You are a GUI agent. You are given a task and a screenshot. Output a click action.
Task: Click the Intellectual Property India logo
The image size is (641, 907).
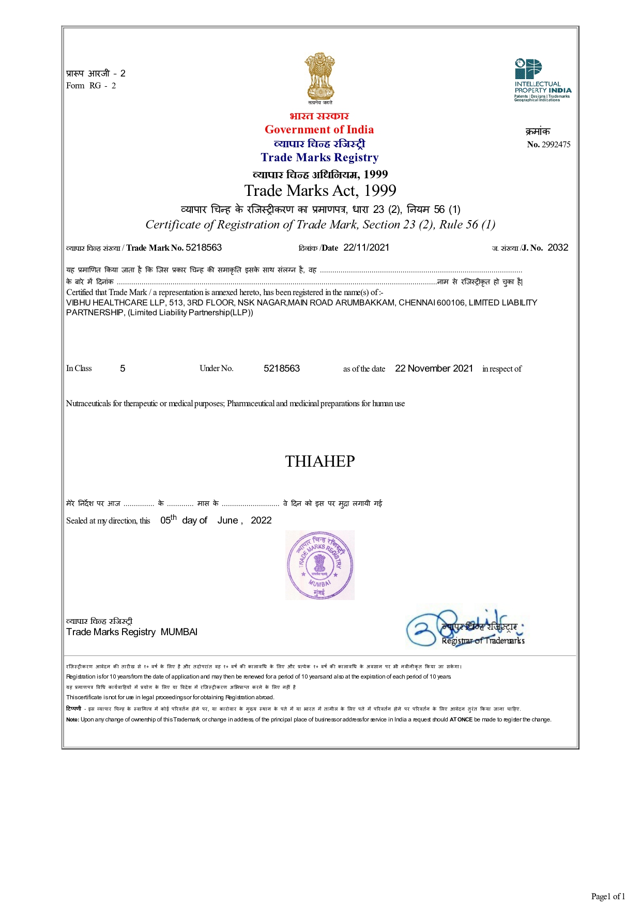tap(542, 80)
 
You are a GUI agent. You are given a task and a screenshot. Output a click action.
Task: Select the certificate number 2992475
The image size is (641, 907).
tap(556, 145)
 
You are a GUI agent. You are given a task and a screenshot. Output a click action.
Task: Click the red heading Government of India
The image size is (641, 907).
tap(319, 130)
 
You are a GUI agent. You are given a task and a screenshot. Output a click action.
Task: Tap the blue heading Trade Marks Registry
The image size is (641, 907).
tap(319, 158)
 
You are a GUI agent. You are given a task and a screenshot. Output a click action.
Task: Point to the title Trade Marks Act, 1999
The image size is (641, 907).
tap(320, 191)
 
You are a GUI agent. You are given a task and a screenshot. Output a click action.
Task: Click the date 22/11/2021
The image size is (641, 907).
tap(366, 248)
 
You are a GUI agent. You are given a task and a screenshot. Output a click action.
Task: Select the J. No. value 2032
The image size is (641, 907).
tap(558, 248)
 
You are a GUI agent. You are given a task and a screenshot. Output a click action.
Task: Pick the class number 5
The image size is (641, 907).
tap(123, 368)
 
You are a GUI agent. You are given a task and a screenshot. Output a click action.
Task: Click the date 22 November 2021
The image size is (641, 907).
tap(434, 368)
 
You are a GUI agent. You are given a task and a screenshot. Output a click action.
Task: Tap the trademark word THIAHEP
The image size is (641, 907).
tap(320, 462)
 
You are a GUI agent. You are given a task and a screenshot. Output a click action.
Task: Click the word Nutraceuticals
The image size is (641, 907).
tap(88, 404)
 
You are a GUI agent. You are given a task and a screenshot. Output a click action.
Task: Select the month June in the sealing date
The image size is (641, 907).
tap(227, 520)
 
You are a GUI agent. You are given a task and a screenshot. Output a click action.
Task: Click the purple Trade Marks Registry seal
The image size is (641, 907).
tap(320, 565)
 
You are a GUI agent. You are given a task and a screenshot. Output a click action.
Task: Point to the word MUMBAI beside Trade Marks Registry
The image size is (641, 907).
tap(179, 632)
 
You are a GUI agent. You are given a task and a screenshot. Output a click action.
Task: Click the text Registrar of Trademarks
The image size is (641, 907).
tap(483, 641)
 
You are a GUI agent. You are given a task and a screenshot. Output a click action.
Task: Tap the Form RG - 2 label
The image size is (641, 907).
tap(91, 86)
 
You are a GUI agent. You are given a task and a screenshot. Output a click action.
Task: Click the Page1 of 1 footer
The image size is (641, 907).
tap(608, 896)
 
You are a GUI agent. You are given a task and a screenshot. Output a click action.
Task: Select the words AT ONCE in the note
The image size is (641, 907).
tap(461, 719)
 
